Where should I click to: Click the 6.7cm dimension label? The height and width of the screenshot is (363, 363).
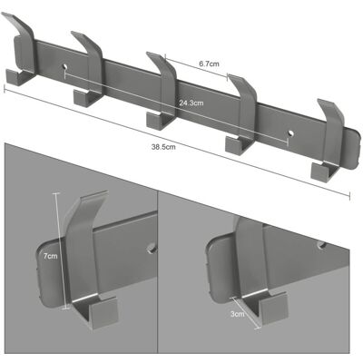click(209, 64)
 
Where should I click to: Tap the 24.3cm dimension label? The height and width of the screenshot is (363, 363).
click(191, 103)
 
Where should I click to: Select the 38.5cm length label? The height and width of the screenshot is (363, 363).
click(163, 147)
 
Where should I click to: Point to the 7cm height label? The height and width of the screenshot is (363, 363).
click(50, 256)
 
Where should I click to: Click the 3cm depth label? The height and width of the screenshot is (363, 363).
click(237, 314)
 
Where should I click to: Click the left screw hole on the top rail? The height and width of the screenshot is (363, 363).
click(65, 66)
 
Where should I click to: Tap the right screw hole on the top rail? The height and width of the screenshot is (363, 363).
click(290, 132)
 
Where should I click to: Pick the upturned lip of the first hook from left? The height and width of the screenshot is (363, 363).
click(13, 77)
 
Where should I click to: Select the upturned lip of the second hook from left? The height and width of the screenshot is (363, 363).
click(81, 98)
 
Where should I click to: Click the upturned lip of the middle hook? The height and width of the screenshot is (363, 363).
click(155, 120)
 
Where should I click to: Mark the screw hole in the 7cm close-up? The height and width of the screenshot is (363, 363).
click(151, 249)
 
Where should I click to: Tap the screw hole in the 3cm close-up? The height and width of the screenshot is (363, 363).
click(322, 244)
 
